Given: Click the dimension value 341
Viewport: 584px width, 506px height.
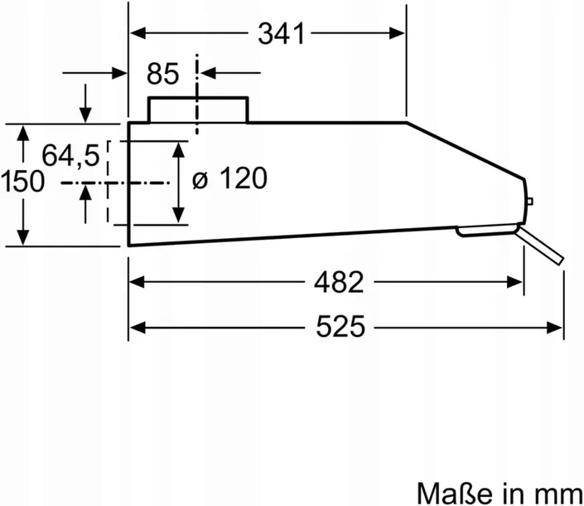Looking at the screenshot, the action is pos(281,34).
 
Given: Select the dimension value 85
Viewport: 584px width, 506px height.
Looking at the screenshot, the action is pos(162,74).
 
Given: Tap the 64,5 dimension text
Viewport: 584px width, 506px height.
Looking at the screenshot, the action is pos(70,155).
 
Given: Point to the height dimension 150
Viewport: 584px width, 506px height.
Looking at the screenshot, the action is pos(22,182).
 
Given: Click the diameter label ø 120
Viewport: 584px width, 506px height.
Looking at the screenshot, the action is pos(229,178).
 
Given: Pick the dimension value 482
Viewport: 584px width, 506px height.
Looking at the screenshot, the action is pos(339,282).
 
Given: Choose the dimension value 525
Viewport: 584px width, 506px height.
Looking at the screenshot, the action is pos(340,327).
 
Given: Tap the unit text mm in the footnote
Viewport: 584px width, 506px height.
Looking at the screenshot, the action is pos(560,495).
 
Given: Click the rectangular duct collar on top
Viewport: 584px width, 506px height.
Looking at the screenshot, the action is pos(198,109).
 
